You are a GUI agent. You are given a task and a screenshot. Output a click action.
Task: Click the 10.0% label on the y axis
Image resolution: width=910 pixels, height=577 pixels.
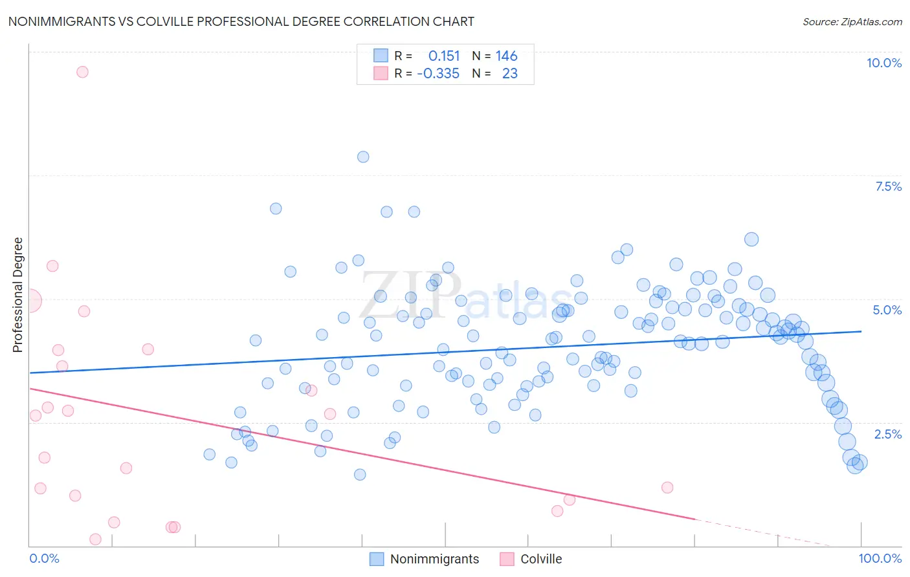point(883,63)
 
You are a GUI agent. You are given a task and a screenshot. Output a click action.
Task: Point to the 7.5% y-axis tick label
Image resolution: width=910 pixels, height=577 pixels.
point(888,186)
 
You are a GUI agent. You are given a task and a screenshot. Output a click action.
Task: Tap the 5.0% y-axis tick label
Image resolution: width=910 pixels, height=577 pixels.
point(887,310)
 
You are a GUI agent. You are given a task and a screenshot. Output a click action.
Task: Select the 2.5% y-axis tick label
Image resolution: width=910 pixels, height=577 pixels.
point(887,434)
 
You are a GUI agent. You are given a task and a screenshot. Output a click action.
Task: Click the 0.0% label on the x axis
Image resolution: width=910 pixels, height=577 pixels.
point(44,558)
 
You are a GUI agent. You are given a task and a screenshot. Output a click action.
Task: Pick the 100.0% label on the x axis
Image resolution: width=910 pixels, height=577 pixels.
point(880,558)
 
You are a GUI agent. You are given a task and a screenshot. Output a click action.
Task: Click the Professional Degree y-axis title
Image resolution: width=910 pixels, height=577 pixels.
point(17,295)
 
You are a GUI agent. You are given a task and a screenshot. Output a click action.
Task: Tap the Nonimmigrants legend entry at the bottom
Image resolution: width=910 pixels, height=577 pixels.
point(434,559)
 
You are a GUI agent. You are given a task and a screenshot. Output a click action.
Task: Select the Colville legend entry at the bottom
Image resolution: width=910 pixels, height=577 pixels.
point(541,559)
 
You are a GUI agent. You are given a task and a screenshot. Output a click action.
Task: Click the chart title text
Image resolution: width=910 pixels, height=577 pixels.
point(241,21)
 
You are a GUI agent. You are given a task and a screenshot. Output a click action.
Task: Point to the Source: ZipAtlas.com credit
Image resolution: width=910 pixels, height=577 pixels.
point(852,21)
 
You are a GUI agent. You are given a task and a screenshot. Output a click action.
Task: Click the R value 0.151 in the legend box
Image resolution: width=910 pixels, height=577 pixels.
point(443,56)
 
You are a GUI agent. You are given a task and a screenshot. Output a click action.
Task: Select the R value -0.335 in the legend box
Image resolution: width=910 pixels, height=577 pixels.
point(438,74)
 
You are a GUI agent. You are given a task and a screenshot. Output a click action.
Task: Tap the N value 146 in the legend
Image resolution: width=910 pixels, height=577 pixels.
point(506,56)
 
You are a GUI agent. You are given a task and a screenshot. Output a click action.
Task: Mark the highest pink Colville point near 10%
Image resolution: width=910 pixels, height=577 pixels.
point(82,72)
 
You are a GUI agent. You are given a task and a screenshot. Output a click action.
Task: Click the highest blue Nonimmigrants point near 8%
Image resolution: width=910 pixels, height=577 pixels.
point(363,157)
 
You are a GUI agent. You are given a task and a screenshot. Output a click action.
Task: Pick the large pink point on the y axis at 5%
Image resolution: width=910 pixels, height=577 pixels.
point(30,301)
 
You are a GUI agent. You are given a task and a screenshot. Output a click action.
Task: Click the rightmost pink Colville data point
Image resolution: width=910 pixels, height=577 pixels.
point(667,488)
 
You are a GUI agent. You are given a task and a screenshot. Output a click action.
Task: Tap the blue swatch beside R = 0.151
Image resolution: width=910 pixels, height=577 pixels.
point(381,56)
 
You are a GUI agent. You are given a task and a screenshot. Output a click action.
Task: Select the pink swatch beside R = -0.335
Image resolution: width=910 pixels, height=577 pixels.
point(381,73)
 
